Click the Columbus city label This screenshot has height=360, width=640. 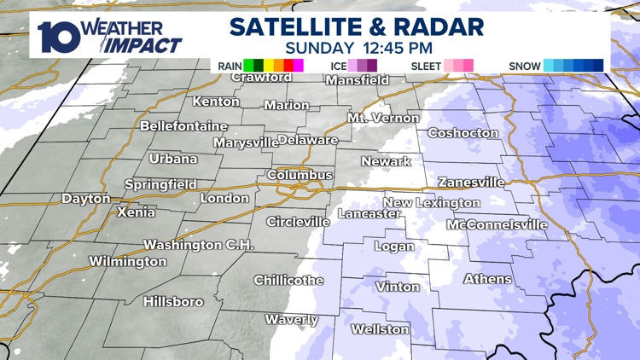(300, 175)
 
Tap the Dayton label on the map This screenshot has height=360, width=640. (86, 199)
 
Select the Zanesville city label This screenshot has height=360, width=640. (471, 183)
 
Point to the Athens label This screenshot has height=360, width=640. (488, 279)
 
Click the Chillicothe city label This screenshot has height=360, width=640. (288, 281)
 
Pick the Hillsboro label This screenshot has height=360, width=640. (173, 302)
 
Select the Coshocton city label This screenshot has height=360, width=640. (463, 133)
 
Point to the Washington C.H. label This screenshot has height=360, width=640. (198, 245)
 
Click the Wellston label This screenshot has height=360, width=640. (380, 329)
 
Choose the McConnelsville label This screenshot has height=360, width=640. (497, 225)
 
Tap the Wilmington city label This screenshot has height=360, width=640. (128, 262)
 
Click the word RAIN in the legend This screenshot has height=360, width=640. (228, 66)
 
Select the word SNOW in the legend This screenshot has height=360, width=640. (524, 66)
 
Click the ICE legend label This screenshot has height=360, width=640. (336, 66)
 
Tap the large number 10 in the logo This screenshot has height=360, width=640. (59, 36)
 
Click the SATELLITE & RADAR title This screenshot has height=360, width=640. (357, 26)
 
